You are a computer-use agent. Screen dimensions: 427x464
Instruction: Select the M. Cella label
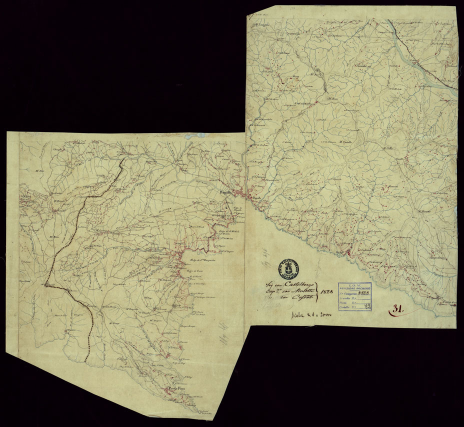(388, 149)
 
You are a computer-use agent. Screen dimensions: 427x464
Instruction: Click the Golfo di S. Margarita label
(202, 259)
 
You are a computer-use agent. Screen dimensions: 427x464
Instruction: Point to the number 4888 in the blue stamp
(367, 295)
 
